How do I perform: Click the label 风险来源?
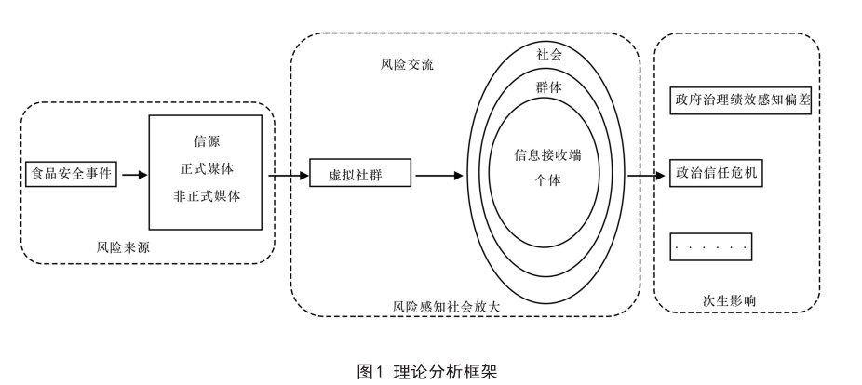point(123,246)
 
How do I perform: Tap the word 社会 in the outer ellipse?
point(548,55)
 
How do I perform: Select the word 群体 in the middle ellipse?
point(548,86)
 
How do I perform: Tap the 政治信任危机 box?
point(717,174)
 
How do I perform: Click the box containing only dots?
point(711,246)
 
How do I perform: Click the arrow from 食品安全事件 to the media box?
point(133,174)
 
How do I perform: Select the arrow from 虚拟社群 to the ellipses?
point(438,174)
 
